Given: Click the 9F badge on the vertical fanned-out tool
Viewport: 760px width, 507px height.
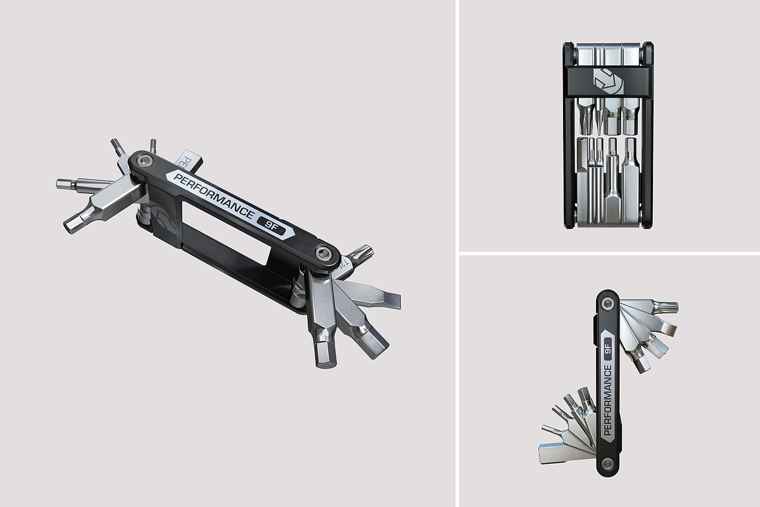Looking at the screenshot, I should click(608, 350).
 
